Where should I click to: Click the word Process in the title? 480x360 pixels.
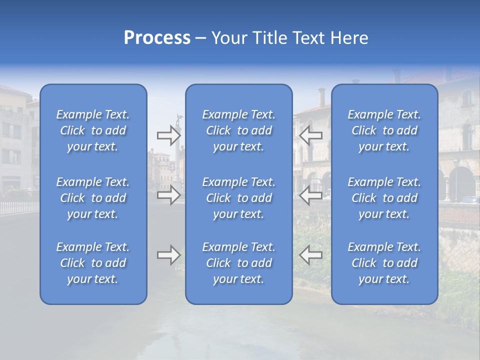[x=157, y=38]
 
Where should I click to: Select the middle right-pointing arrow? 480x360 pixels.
[x=168, y=195]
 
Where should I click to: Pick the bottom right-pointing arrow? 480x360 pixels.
[x=168, y=255]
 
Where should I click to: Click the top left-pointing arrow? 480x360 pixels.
[x=310, y=135]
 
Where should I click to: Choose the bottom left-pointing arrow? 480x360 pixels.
[x=310, y=255]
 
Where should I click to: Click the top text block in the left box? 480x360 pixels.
[x=93, y=130]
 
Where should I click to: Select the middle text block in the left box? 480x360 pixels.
[x=93, y=198]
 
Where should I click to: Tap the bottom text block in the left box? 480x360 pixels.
[x=93, y=263]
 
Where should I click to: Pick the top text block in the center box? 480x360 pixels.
[x=238, y=130]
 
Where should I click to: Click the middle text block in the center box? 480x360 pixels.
[x=238, y=198]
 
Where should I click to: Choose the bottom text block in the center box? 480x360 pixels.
[x=238, y=263]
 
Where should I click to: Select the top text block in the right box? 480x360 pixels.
[x=384, y=130]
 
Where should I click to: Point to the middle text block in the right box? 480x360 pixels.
[x=384, y=198]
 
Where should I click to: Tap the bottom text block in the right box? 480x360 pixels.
[x=384, y=263]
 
